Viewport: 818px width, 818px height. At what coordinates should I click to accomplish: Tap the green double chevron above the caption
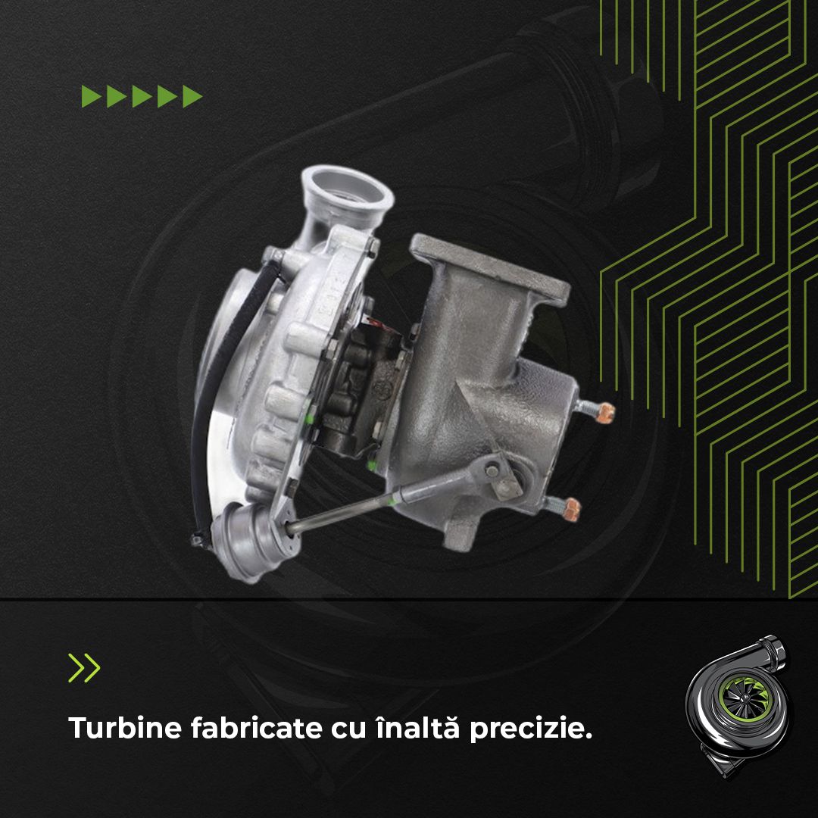click(84, 667)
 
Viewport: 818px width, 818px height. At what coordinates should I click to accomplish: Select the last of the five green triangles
click(192, 97)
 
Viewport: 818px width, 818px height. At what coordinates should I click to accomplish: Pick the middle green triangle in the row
click(142, 97)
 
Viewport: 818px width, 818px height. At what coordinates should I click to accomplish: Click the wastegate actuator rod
click(379, 501)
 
